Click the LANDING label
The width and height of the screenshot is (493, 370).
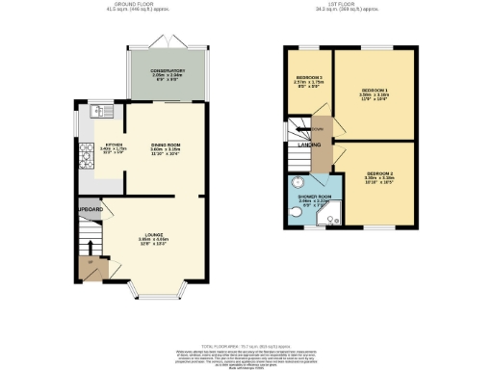click(309, 145)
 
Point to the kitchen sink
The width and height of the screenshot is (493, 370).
click(95, 113)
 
